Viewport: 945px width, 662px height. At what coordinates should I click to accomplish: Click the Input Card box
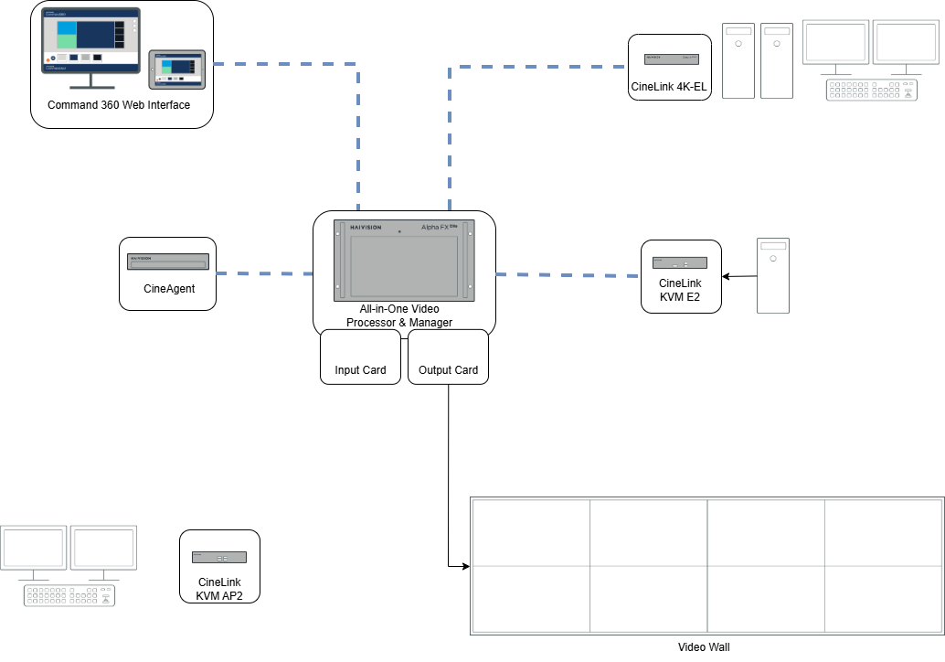(x=360, y=357)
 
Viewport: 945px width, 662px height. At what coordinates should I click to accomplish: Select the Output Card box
(x=448, y=357)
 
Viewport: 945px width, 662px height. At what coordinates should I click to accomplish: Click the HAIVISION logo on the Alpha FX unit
(x=366, y=227)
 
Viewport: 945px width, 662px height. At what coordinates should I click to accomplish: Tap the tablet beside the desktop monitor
(x=177, y=69)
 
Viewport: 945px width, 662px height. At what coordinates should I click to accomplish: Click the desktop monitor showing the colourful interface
(x=91, y=41)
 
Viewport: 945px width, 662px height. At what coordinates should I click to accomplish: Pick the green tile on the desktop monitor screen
(x=67, y=41)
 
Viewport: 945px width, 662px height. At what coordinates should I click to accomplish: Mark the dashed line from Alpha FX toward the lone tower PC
(x=567, y=274)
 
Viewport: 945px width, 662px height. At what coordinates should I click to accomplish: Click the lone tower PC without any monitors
(x=772, y=275)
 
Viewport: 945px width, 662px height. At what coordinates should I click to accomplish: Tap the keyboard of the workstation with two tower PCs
(x=871, y=90)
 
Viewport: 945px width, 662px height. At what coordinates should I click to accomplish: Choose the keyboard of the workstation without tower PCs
(x=69, y=595)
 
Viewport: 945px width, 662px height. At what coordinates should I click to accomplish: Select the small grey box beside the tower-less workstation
(x=219, y=557)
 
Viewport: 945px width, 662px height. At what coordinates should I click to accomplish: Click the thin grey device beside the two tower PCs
(x=672, y=59)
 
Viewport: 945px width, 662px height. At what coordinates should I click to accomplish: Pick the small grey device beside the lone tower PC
(x=680, y=263)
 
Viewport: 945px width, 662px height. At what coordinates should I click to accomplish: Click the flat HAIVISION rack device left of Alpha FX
(x=168, y=262)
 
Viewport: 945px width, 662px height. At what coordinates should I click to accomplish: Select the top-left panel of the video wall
(x=531, y=532)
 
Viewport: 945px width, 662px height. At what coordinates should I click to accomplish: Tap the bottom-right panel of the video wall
(x=882, y=598)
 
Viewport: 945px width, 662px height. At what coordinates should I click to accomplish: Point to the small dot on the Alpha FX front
(x=399, y=232)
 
